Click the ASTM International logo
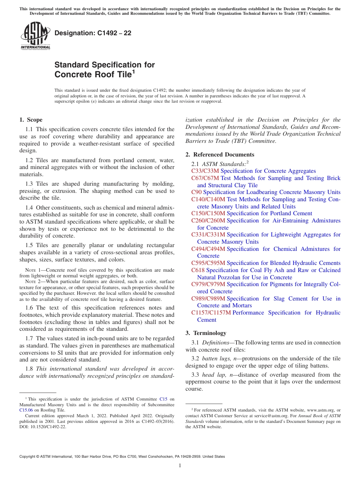tap(35, 36)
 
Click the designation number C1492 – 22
tap(93, 33)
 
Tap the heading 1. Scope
tap(31, 120)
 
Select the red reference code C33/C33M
tap(205, 171)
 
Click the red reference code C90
tap(196, 192)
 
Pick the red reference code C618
tap(198, 270)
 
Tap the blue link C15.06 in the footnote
tap(26, 410)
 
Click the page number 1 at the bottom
tap(180, 466)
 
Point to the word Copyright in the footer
tap(28, 457)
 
